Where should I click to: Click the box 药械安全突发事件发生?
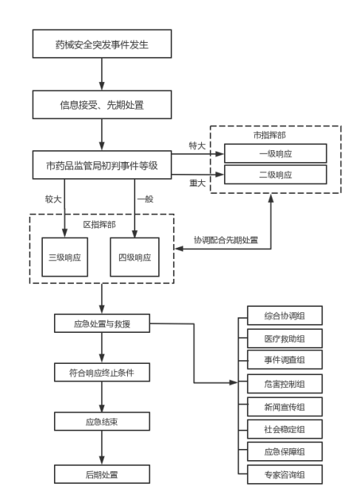pos(102,44)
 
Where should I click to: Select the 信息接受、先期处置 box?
pos(102,104)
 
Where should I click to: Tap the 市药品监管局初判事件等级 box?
pos(102,165)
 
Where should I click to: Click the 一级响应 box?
pos(276,154)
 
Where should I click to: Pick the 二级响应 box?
pos(276,175)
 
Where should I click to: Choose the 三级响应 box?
pos(65,257)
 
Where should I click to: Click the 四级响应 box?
pos(135,257)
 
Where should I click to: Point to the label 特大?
pos(197,146)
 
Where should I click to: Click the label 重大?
pos(197,183)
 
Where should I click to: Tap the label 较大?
pos(53,199)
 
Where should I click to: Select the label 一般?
pos(145,199)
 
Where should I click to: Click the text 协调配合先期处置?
pos(225,240)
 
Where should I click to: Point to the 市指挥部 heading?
pos(270,135)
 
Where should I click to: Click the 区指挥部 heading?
pos(99,224)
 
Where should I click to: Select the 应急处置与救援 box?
pos(102,323)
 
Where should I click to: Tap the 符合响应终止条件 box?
pos(102,372)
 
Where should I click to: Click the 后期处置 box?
pos(102,474)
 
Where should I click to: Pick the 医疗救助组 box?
pos(285,339)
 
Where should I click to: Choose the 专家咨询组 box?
pos(285,474)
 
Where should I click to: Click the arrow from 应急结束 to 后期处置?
pos(102,448)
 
